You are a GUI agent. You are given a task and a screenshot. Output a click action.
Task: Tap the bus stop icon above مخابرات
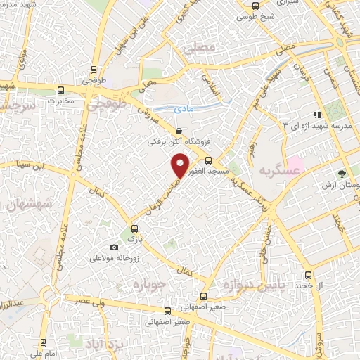click(x=60, y=90)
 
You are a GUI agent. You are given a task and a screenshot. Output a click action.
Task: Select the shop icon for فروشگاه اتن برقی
click(x=179, y=131)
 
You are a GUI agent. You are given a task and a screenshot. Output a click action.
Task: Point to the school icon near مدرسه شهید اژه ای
click(x=317, y=114)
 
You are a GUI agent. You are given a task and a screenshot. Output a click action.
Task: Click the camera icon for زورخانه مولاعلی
click(x=115, y=247)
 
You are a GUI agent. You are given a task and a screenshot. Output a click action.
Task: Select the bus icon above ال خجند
click(x=308, y=275)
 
